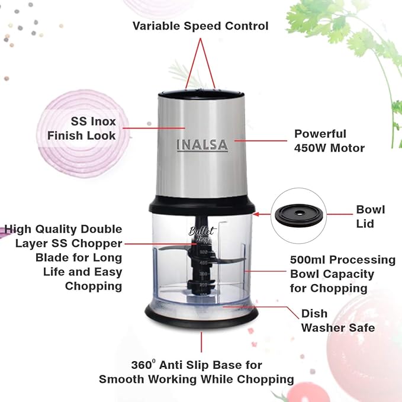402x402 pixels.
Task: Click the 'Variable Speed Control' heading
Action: tap(200, 26)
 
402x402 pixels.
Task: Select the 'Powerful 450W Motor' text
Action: tap(329, 141)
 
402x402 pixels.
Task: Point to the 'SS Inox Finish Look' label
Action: tap(82, 128)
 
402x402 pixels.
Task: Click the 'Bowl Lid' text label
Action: tap(370, 216)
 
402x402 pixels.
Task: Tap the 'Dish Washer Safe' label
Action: tap(338, 320)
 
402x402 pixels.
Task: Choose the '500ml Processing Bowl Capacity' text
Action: tap(342, 274)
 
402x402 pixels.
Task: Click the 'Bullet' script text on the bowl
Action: tap(201, 232)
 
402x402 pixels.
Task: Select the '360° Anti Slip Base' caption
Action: tap(197, 372)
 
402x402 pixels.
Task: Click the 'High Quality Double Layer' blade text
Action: tap(64, 257)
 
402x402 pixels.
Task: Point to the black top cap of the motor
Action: tap(201, 93)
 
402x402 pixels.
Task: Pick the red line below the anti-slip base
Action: tap(201, 343)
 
